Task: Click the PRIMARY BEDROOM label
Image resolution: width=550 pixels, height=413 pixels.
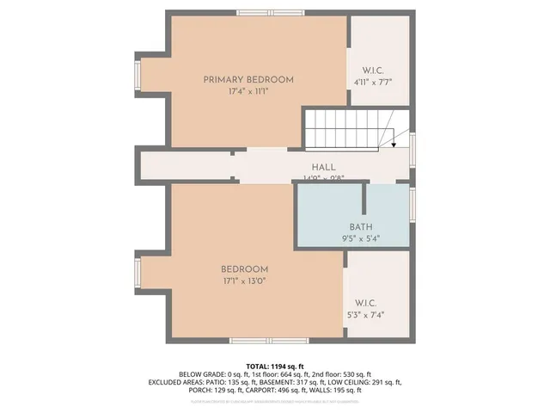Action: [248, 80]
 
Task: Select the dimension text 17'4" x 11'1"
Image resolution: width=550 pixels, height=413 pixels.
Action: [248, 91]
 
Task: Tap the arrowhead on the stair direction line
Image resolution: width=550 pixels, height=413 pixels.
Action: [392, 145]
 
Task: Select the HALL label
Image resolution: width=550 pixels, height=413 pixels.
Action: [323, 167]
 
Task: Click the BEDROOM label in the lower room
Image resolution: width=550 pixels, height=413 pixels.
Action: [244, 268]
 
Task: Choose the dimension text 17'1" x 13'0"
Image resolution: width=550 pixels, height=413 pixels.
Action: [244, 280]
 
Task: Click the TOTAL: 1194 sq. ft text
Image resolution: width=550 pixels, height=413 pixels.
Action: [274, 367]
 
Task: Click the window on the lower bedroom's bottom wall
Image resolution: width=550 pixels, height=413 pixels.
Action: [257, 342]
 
